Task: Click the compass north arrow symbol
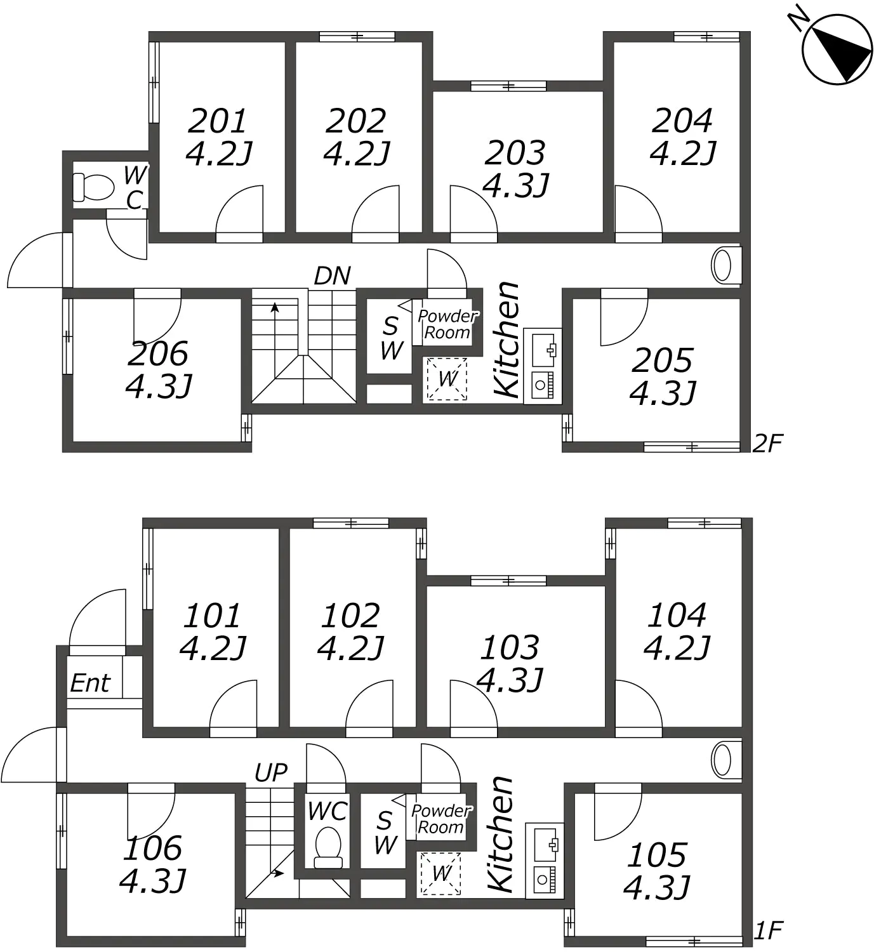pyautogui.click(x=837, y=50)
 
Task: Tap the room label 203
pyautogui.click(x=515, y=153)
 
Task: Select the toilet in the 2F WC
pyautogui.click(x=93, y=187)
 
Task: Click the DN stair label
pyautogui.click(x=333, y=275)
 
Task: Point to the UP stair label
pyautogui.click(x=271, y=773)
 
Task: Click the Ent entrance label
pyautogui.click(x=90, y=684)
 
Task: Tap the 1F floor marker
pyautogui.click(x=768, y=930)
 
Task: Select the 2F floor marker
pyautogui.click(x=767, y=443)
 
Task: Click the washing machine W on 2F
pyautogui.click(x=447, y=379)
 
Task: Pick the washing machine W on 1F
pyautogui.click(x=441, y=873)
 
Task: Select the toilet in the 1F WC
pyautogui.click(x=328, y=847)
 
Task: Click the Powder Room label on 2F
pyautogui.click(x=447, y=324)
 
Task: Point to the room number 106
pyautogui.click(x=152, y=848)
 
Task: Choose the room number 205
pyautogui.click(x=662, y=360)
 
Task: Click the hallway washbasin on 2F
pyautogui.click(x=726, y=265)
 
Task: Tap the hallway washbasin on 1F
pyautogui.click(x=726, y=760)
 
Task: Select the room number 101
pyautogui.click(x=212, y=616)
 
